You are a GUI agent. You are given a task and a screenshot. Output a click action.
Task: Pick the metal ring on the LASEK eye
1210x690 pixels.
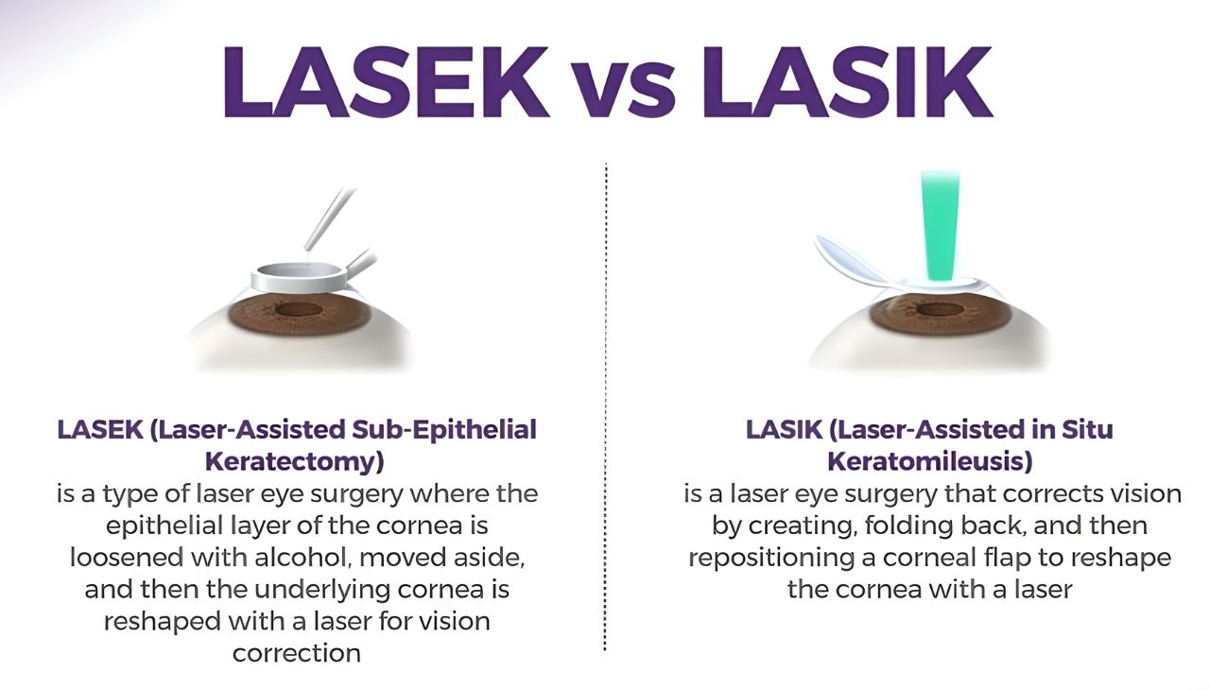pos(298,276)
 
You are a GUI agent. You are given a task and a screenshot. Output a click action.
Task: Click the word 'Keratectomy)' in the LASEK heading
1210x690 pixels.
pos(295,462)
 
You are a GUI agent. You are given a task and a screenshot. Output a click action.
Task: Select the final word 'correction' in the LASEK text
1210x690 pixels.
pos(297,653)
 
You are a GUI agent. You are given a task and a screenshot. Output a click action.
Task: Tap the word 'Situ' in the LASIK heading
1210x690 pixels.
pos(1085,430)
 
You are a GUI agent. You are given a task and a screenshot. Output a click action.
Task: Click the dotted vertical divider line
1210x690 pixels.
pos(605,406)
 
